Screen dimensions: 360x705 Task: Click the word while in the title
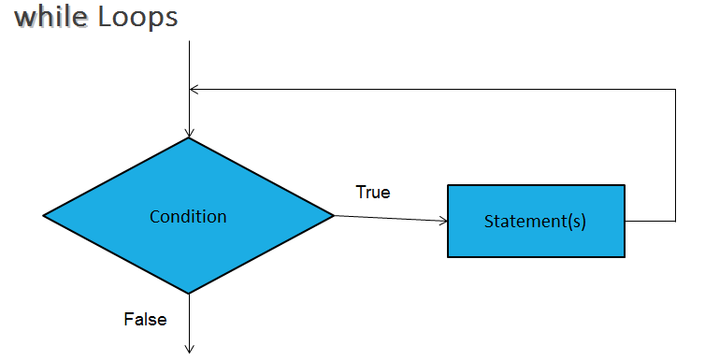[x=51, y=18]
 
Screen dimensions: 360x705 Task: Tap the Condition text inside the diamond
[x=188, y=216]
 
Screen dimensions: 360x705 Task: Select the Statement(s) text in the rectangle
[x=535, y=222]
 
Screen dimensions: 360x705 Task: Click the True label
[x=373, y=193]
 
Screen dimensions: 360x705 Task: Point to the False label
[x=145, y=320]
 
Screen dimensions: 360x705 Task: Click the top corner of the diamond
[x=189, y=138]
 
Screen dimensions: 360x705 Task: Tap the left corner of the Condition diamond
[x=44, y=216]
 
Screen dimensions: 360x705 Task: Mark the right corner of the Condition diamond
[x=334, y=216]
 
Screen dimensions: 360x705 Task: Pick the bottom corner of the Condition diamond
[x=189, y=294]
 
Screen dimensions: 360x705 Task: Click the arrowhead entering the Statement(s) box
[x=444, y=222]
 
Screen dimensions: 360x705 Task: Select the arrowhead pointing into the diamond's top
[x=189, y=134]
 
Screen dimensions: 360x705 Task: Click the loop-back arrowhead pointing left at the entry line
[x=194, y=90]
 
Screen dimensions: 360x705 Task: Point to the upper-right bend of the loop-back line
[x=675, y=90]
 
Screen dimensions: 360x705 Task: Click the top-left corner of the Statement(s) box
[x=448, y=185]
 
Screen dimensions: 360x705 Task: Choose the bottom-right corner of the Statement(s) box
[x=625, y=256]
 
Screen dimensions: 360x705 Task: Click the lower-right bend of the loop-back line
[x=675, y=222]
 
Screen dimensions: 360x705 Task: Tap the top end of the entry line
[x=189, y=41]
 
